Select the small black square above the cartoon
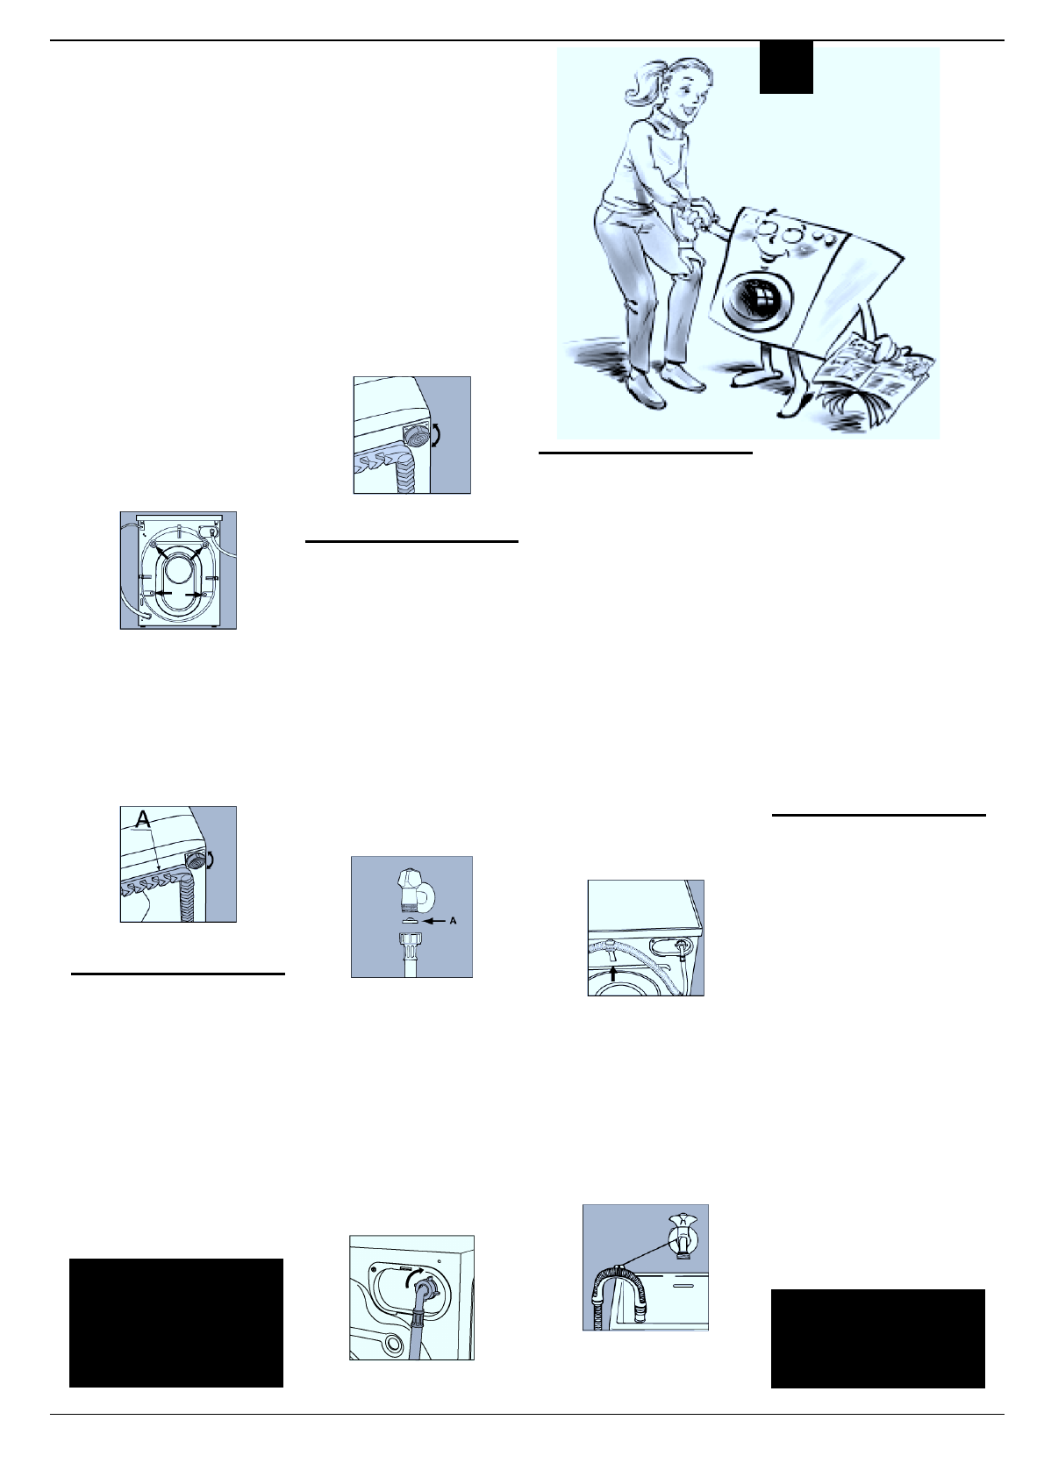point(785,68)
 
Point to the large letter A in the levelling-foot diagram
point(141,819)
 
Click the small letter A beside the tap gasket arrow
point(453,922)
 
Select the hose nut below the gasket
point(410,949)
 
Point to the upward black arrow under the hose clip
point(613,972)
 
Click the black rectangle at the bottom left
point(175,1322)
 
